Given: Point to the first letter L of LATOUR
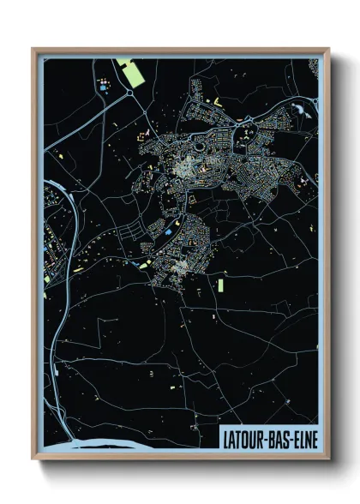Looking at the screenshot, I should point(225,437).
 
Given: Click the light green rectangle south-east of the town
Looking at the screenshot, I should point(220,284).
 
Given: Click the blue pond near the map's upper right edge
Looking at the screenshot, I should point(301,109).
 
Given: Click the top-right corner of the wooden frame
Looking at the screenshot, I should point(327,50).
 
